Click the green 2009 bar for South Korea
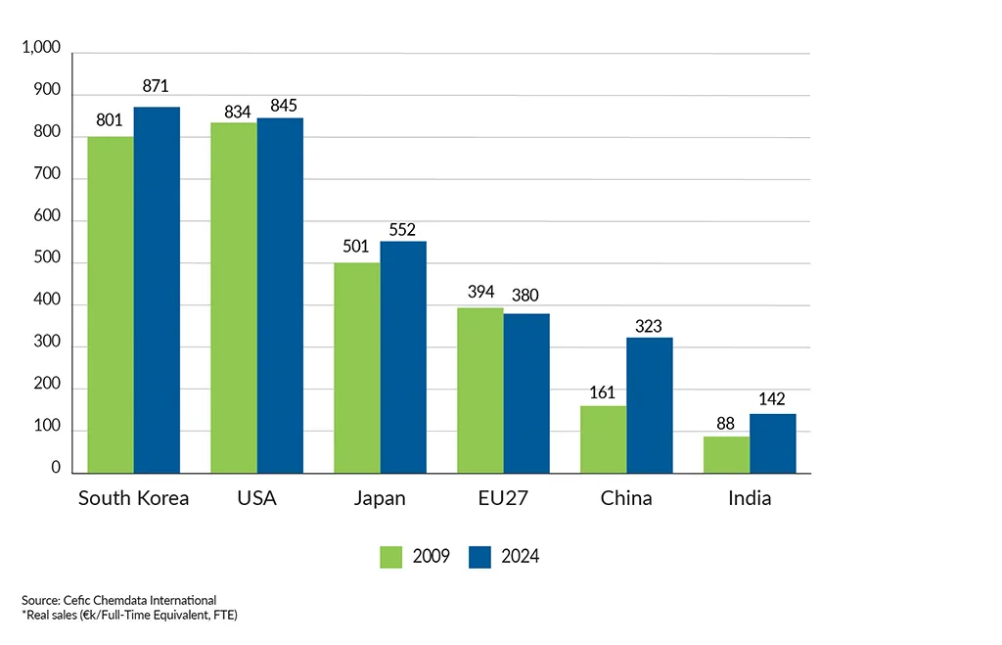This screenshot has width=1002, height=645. [111, 305]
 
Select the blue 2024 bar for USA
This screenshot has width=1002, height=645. [280, 296]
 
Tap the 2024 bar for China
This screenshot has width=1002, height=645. [650, 405]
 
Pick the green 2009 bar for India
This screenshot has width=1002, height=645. [727, 455]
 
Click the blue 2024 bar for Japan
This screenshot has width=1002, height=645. [403, 357]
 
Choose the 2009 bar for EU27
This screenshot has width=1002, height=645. [479, 391]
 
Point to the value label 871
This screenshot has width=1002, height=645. [157, 86]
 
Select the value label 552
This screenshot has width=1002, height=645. [402, 231]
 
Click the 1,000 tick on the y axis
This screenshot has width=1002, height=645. [41, 49]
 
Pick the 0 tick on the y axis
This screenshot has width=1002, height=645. [56, 470]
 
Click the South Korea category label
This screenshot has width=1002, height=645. [134, 498]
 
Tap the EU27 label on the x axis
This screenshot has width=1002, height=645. [503, 498]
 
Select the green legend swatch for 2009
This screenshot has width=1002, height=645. [392, 557]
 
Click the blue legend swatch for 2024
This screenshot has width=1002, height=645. [479, 557]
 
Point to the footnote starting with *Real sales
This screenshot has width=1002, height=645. [129, 615]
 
